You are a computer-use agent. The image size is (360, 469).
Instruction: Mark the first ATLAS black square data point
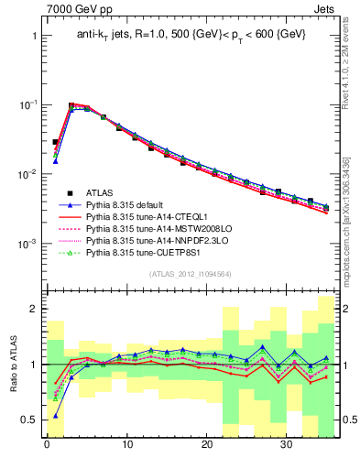pyautogui.click(x=55, y=142)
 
